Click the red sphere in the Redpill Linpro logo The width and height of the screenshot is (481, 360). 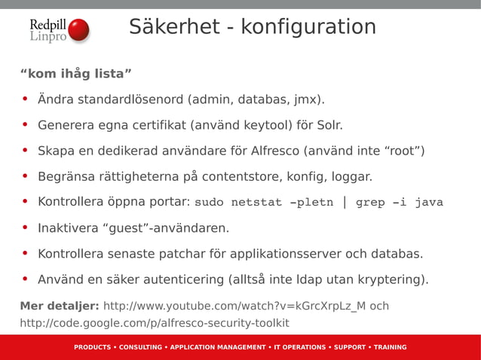[x=78, y=31]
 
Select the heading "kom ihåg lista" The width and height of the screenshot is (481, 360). [x=76, y=74]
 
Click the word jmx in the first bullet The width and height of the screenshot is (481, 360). [x=309, y=99]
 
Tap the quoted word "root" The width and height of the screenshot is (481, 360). [x=405, y=151]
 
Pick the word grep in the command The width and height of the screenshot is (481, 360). [x=370, y=203]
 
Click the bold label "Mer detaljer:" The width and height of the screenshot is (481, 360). [x=60, y=307]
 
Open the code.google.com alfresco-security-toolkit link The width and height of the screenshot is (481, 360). [x=155, y=323]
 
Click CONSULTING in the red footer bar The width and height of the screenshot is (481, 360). [x=140, y=347]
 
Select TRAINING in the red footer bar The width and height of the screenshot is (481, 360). [x=390, y=347]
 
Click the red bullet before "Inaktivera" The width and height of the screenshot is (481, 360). [x=25, y=227]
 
